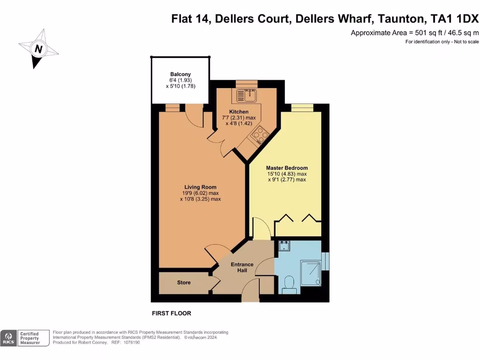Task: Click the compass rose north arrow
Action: point(38,49)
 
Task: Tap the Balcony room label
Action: point(180,75)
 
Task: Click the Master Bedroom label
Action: point(287,168)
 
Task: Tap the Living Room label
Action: point(200,187)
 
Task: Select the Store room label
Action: point(184,283)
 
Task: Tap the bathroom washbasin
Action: point(284,246)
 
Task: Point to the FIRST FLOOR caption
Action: point(172,313)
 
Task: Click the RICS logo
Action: point(8,338)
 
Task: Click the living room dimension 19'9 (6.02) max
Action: point(200,193)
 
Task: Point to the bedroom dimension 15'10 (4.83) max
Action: point(287,174)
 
